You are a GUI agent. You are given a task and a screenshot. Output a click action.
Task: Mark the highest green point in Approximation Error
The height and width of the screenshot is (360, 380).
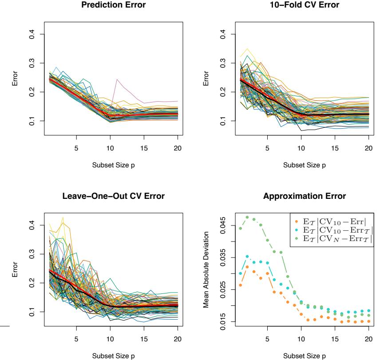247,217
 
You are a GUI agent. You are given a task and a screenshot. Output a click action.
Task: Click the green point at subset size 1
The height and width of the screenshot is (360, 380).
240,229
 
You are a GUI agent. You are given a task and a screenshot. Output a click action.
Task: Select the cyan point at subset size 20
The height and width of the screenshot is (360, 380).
369,311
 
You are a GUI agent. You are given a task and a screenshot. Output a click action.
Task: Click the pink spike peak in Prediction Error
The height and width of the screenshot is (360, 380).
117,79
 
